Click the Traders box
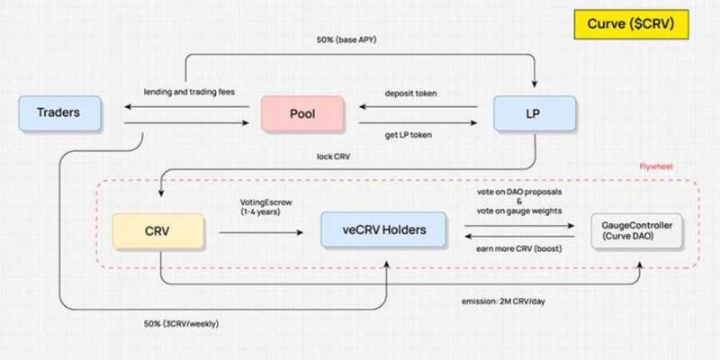[x=59, y=113]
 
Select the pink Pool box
[x=302, y=114]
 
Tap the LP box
[x=535, y=113]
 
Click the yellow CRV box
[x=158, y=231]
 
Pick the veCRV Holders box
[x=383, y=229]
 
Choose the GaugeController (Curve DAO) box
[x=636, y=230]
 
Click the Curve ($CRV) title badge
[x=631, y=24]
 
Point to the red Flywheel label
[x=656, y=166]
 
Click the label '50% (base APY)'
[x=346, y=40]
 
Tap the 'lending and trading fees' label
[x=189, y=92]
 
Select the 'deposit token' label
[x=410, y=94]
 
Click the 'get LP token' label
[x=409, y=136]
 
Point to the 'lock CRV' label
[x=333, y=157]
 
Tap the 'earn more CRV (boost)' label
[x=519, y=249]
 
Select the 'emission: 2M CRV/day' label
[x=503, y=301]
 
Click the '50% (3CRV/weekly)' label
[x=182, y=324]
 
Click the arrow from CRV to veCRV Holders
[x=261, y=233]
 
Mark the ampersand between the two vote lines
[x=519, y=201]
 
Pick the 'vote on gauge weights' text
[x=519, y=210]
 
